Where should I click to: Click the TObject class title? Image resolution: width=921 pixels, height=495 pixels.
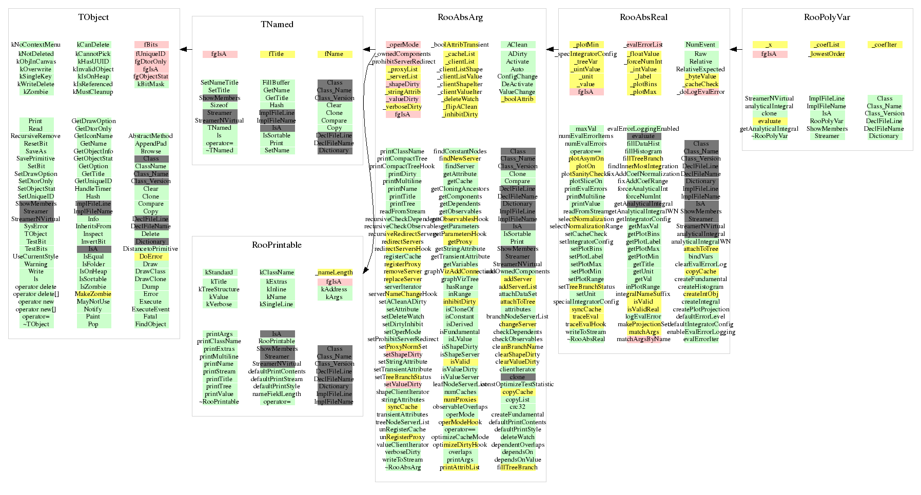(93, 17)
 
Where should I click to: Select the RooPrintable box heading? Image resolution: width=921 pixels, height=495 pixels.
(277, 245)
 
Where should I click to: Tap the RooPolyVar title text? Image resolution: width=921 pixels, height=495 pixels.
(827, 17)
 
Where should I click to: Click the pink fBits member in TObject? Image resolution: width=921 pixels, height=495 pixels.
(151, 45)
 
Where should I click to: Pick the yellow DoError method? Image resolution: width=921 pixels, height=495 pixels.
(151, 256)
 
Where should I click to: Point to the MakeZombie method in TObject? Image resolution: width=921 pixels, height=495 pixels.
(93, 294)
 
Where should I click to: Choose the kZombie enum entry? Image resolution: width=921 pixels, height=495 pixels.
(36, 92)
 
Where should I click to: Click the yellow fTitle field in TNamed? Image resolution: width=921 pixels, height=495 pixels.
(277, 54)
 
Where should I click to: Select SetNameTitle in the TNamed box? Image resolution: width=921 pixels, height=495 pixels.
(220, 83)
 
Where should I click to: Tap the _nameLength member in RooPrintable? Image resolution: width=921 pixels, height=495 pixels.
(335, 272)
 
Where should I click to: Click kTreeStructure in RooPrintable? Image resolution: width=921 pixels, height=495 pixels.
(219, 289)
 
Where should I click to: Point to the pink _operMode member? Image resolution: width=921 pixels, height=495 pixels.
(403, 45)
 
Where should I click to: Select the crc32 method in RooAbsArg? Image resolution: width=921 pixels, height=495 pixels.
(517, 407)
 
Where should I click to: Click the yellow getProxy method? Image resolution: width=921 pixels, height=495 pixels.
(460, 242)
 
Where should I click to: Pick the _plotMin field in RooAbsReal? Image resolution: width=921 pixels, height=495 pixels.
(586, 45)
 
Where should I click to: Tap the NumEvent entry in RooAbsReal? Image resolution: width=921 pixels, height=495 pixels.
(700, 45)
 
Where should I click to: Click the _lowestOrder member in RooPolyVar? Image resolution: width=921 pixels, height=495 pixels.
(827, 54)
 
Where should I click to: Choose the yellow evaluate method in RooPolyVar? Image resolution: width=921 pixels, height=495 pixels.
(769, 121)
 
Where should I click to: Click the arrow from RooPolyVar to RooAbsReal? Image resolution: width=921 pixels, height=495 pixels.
(736, 50)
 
